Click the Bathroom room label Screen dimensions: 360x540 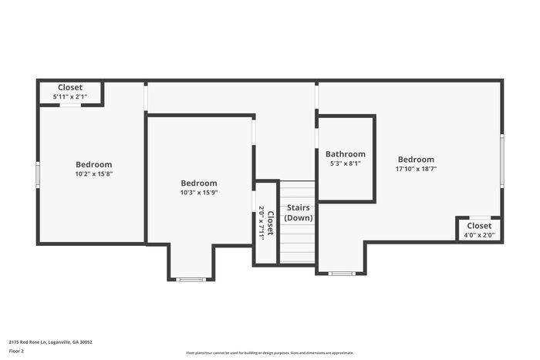pyautogui.click(x=345, y=153)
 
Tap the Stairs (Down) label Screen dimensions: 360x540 pyautogui.click(x=299, y=213)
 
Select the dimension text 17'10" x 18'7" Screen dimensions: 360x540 pyautogui.click(x=416, y=169)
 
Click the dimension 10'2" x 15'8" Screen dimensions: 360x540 pyautogui.click(x=93, y=174)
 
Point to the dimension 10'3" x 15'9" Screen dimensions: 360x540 pyautogui.click(x=198, y=193)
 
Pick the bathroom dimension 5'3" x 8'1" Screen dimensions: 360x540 pyautogui.click(x=345, y=163)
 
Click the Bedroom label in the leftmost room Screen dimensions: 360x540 pyautogui.click(x=93, y=164)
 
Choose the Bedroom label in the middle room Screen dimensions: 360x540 pyautogui.click(x=198, y=183)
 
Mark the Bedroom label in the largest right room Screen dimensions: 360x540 pyautogui.click(x=416, y=159)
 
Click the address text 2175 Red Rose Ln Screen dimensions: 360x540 pyautogui.click(x=51, y=341)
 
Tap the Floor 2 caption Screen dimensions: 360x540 pyautogui.click(x=17, y=351)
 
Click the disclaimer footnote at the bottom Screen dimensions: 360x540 pyautogui.click(x=269, y=352)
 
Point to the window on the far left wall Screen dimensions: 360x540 pyautogui.click(x=37, y=173)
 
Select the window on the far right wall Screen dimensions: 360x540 pyautogui.click(x=502, y=157)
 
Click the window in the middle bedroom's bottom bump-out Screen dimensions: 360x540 pyautogui.click(x=191, y=279)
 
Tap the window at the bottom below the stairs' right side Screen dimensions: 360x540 pyautogui.click(x=341, y=273)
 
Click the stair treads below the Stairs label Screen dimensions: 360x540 pyautogui.click(x=297, y=243)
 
